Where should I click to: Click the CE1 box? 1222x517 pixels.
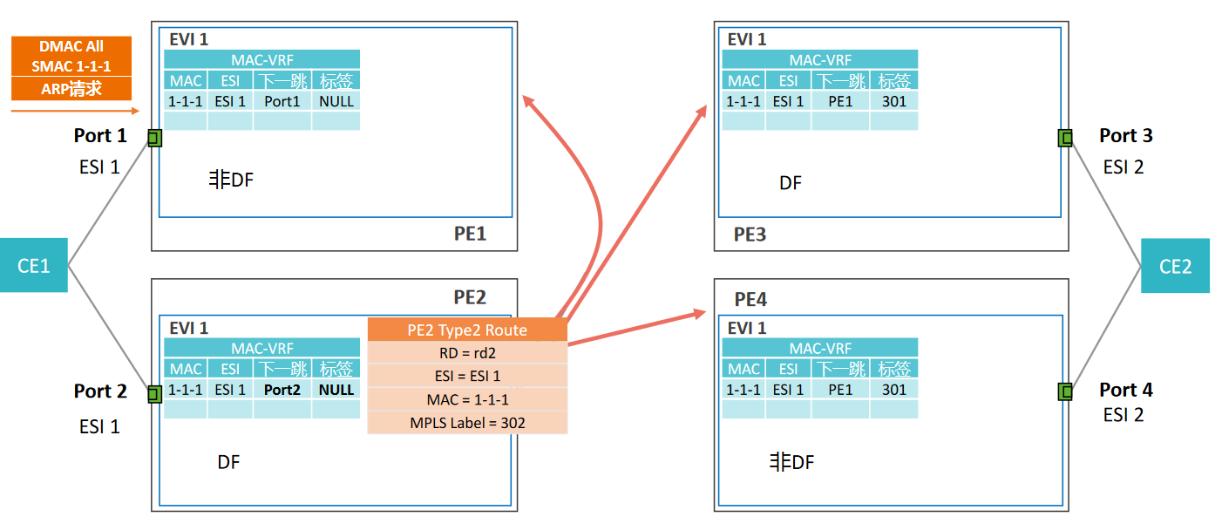[33, 265]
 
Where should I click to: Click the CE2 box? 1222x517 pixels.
[1175, 266]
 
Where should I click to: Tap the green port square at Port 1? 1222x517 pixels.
[155, 138]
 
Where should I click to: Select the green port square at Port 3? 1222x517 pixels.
[1064, 138]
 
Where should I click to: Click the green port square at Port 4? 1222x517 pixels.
[1064, 391]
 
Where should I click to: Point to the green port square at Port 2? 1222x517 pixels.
[155, 393]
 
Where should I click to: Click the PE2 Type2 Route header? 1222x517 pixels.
[467, 330]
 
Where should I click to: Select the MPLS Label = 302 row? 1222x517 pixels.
[467, 423]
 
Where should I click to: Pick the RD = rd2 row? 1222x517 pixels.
[467, 353]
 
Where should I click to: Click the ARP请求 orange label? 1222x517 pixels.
[71, 89]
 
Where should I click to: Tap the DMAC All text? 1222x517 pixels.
[71, 46]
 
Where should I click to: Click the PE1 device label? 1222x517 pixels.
[471, 233]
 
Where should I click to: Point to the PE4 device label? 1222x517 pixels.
[750, 300]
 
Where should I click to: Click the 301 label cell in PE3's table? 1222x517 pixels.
[893, 101]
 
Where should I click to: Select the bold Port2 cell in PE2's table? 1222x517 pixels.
[282, 390]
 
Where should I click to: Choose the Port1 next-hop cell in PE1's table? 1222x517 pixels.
[282, 101]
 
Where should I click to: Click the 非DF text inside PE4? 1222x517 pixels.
[791, 462]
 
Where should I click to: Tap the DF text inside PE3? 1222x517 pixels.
[791, 183]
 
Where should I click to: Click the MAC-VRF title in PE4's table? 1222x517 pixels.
[819, 348]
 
